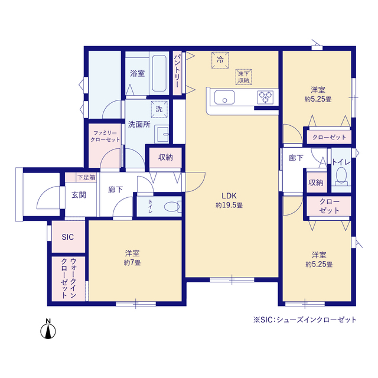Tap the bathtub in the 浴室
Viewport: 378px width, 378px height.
(159, 73)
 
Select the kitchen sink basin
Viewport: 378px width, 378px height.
(224, 97)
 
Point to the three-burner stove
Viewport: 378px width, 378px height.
(265, 97)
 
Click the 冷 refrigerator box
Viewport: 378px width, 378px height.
(220, 60)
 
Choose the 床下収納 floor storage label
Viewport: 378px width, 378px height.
(243, 77)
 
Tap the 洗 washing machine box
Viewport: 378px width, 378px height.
(159, 109)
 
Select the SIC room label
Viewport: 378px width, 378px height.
(67, 237)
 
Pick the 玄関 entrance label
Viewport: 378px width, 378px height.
(79, 195)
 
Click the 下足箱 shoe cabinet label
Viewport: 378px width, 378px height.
(86, 178)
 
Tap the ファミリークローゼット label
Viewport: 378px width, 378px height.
(105, 136)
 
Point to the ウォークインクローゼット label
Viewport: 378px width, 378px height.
(69, 278)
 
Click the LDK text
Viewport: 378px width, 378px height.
(229, 195)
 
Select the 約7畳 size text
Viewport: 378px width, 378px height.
(132, 262)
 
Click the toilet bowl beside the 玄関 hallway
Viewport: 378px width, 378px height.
(171, 207)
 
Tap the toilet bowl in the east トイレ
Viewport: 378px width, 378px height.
(341, 175)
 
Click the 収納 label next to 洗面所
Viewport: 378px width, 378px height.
(165, 158)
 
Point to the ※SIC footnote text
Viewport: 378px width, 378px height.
(305, 320)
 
